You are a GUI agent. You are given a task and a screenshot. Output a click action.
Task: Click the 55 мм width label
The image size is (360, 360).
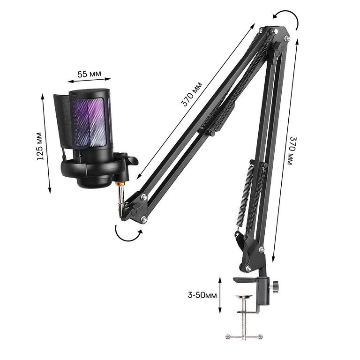pyautogui.click(x=90, y=74)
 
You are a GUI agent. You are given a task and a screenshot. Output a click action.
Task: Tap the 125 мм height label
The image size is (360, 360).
pyautogui.click(x=40, y=146)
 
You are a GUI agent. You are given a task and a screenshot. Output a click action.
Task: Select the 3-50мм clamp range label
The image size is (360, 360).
pyautogui.click(x=202, y=295)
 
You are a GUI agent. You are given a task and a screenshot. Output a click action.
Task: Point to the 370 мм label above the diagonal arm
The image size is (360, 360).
pyautogui.click(x=192, y=94)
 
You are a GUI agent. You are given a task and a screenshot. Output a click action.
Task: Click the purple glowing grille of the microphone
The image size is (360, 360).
pyautogui.click(x=92, y=122)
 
